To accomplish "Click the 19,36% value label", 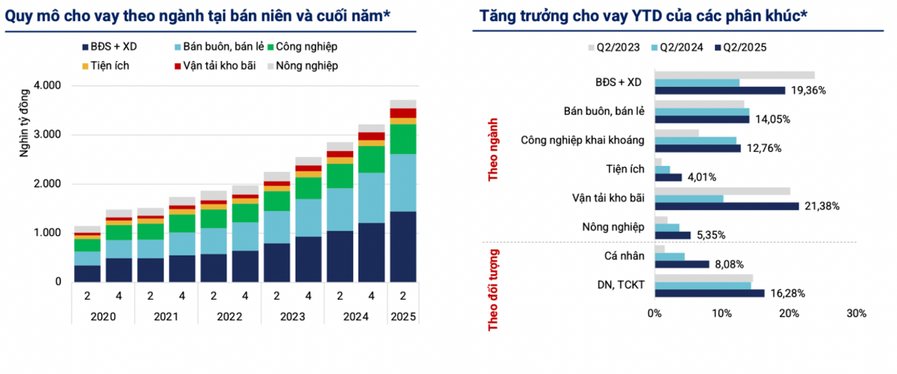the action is point(808,90).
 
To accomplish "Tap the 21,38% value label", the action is point(822,206).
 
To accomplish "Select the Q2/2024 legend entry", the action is point(677,48).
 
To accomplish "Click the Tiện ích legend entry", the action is point(106,66).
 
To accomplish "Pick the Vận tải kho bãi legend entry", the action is point(215,66).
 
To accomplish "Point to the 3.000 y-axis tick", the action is point(47,134).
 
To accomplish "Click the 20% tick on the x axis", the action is point(789,314).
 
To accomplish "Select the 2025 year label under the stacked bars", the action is point(403,317).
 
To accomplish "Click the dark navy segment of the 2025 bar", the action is point(403,247).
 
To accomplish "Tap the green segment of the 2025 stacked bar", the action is point(403,139).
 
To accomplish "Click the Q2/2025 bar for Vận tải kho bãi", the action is point(727,206).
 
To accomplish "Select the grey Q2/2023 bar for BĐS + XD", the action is point(735,75).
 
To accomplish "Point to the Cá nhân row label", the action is point(624,256).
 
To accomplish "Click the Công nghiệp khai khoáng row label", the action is point(582,141).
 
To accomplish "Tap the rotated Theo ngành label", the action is point(493,150).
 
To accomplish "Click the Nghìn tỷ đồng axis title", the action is point(25,123).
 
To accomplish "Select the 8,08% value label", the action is point(730,265).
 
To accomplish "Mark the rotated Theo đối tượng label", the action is point(493,291).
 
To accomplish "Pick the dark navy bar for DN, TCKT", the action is point(710,293).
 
